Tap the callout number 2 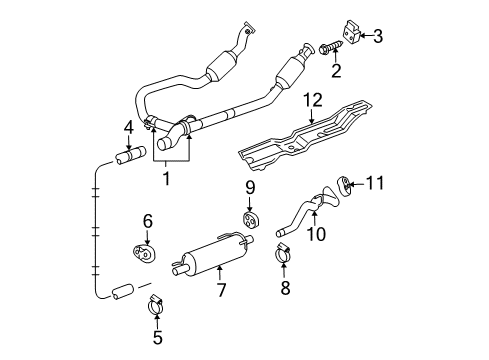[x=336, y=71]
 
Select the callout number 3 [x=379, y=37]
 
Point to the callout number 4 [x=129, y=127]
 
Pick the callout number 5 [x=158, y=338]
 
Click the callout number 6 [x=147, y=222]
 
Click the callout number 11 [x=376, y=182]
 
